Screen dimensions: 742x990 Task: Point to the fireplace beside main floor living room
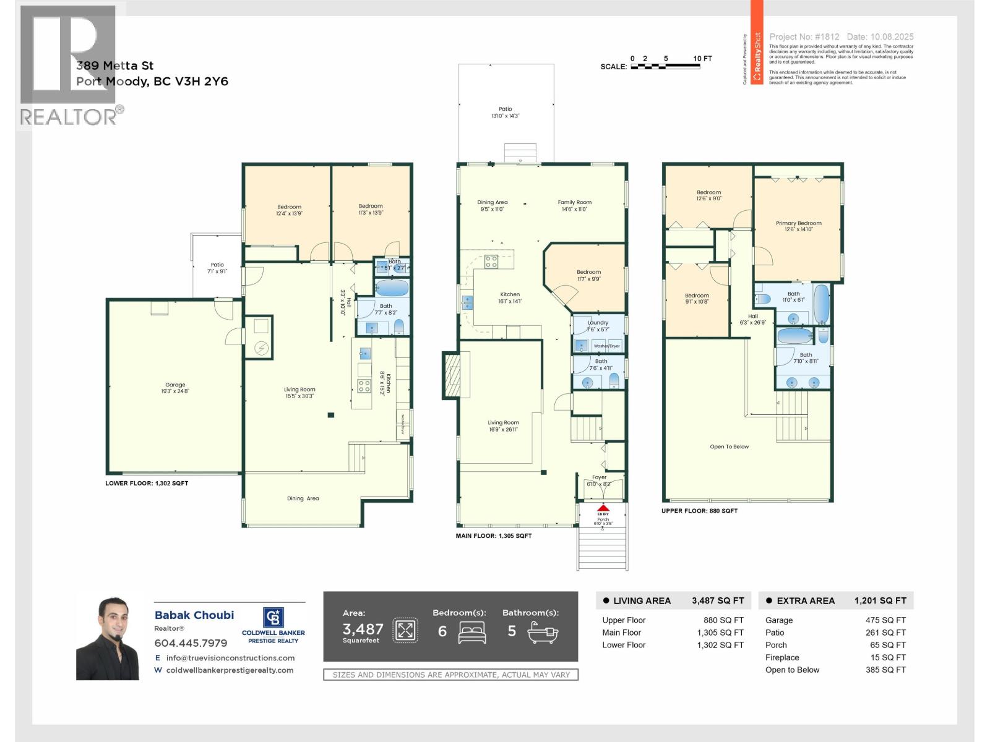point(452,375)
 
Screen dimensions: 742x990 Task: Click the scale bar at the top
point(665,66)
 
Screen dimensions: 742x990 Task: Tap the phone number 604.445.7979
point(191,643)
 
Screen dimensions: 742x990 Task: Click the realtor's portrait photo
point(108,639)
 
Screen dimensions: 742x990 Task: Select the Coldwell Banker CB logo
point(273,618)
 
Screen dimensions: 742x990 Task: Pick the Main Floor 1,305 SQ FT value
point(720,633)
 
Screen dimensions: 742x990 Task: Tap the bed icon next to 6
point(472,632)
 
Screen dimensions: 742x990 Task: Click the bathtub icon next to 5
point(543,632)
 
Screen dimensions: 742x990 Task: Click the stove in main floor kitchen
point(491,262)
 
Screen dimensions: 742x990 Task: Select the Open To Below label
point(729,446)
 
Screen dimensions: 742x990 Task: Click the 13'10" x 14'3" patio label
point(506,116)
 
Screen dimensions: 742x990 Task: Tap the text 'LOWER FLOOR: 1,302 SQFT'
point(147,483)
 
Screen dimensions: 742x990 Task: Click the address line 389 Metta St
point(115,66)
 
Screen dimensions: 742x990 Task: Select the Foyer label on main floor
point(599,477)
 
